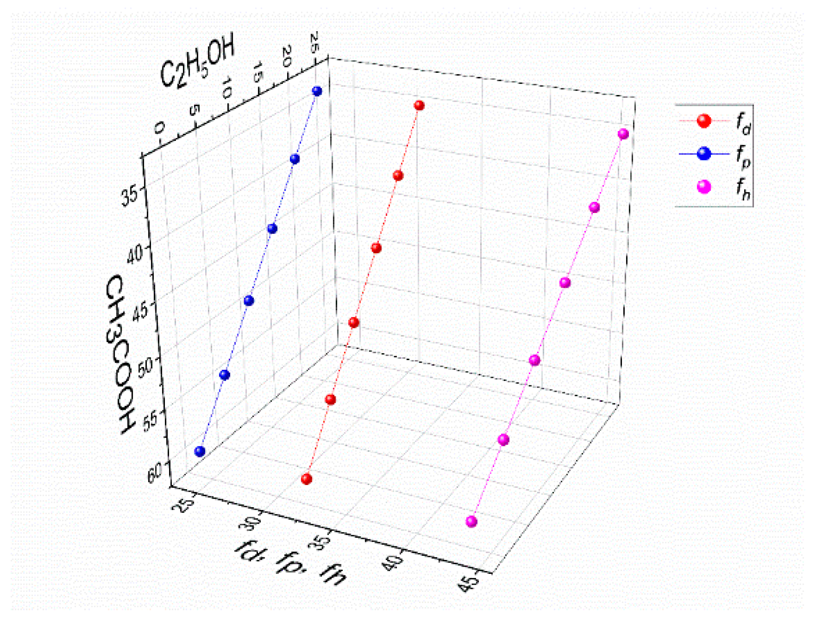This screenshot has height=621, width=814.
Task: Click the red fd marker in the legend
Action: [704, 121]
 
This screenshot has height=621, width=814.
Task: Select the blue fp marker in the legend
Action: [704, 154]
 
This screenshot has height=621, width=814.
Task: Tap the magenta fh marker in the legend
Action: [704, 187]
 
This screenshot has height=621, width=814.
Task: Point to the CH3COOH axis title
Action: [120, 354]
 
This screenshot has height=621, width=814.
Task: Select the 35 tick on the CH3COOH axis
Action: [129, 196]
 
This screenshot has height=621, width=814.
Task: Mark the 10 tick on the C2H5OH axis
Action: [227, 88]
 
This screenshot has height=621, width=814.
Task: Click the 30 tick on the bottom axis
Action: [251, 522]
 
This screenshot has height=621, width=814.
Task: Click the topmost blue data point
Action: [317, 91]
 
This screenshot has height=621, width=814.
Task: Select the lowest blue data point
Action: [199, 451]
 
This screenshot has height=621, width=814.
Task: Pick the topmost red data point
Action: [419, 105]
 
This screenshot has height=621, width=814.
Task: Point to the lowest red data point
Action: [306, 478]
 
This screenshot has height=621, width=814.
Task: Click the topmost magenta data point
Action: [623, 134]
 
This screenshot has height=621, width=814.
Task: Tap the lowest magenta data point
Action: [472, 521]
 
